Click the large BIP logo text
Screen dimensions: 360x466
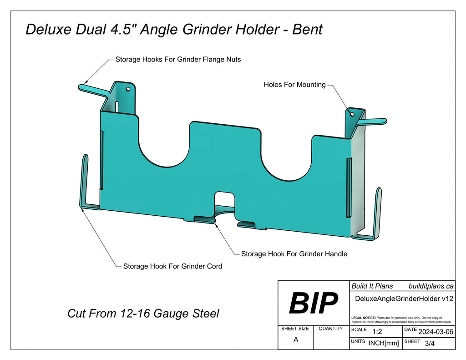314,303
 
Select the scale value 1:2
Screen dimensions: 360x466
377,332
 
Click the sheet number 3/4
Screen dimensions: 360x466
429,344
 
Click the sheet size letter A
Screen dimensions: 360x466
296,340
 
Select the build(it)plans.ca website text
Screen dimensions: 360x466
431,286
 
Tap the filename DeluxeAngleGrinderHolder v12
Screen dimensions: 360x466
403,299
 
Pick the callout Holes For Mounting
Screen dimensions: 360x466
294,85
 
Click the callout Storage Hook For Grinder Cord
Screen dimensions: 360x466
172,266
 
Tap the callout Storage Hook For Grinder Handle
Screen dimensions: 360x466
294,254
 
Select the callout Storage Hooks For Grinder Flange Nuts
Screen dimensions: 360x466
178,59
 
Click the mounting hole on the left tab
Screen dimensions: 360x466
128,89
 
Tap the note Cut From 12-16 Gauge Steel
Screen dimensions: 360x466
143,314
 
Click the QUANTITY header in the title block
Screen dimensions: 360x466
331,329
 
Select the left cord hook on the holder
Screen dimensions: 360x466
85,182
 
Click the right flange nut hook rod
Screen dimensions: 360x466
373,121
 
